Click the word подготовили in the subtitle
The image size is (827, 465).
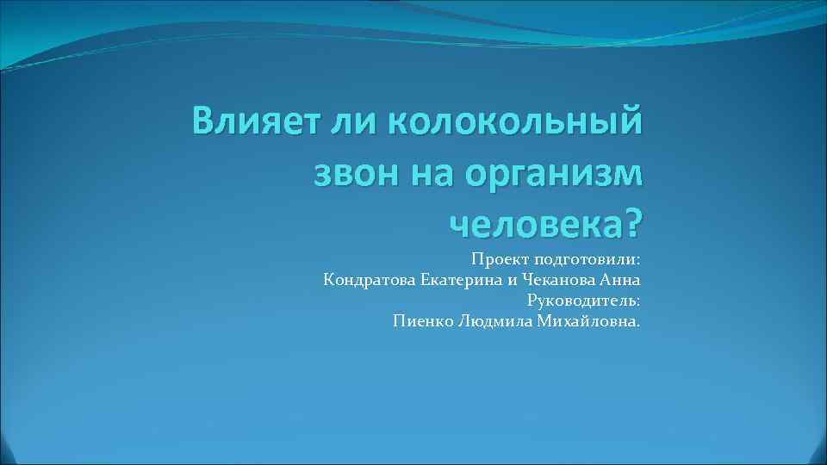tap(588, 259)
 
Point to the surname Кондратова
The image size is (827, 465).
tap(370, 280)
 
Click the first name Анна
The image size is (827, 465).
tap(619, 280)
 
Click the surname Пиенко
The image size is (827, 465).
tap(419, 321)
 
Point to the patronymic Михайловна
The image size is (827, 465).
tap(588, 321)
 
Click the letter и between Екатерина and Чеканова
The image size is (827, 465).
tap(507, 280)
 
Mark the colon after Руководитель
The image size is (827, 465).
tap(638, 301)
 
